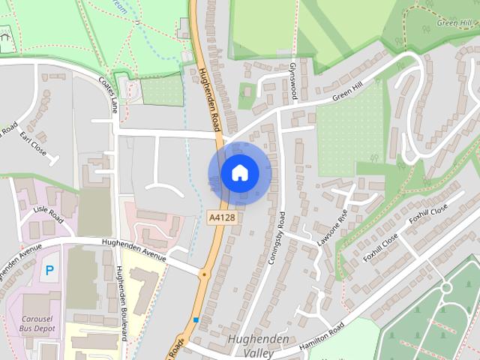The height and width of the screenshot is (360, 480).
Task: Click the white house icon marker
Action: [239, 173]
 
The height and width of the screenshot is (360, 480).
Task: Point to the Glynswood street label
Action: [293, 79]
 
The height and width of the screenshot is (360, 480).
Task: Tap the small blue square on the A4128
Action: [196, 320]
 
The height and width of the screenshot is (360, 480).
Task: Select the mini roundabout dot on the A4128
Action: [204, 275]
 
